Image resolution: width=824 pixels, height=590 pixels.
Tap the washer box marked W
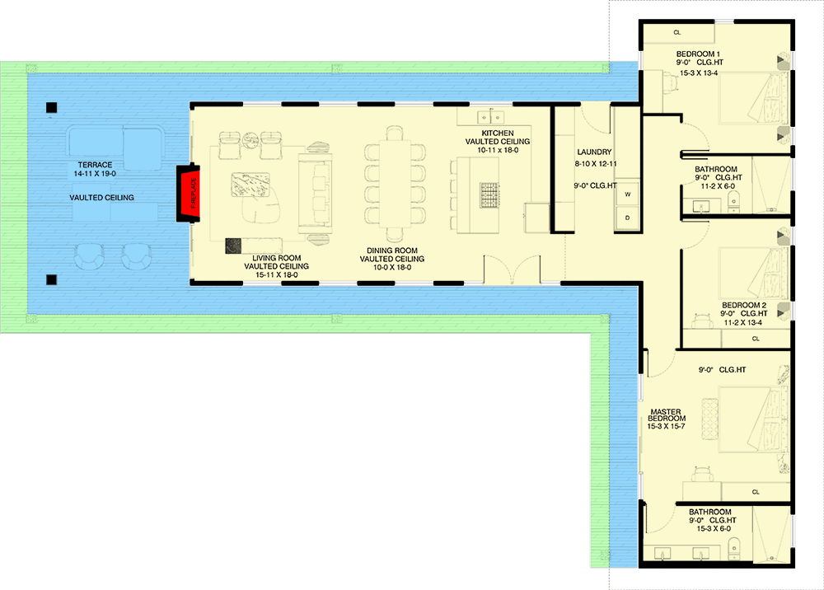pos(627,194)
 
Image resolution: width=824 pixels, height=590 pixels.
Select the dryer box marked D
pos(627,218)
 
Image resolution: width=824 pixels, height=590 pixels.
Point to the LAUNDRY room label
pos(594,152)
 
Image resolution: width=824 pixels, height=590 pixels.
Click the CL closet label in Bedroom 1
pos(677,33)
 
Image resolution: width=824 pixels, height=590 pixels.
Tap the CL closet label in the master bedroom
pos(756,492)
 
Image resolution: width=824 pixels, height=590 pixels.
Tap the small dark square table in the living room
pos(233,245)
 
